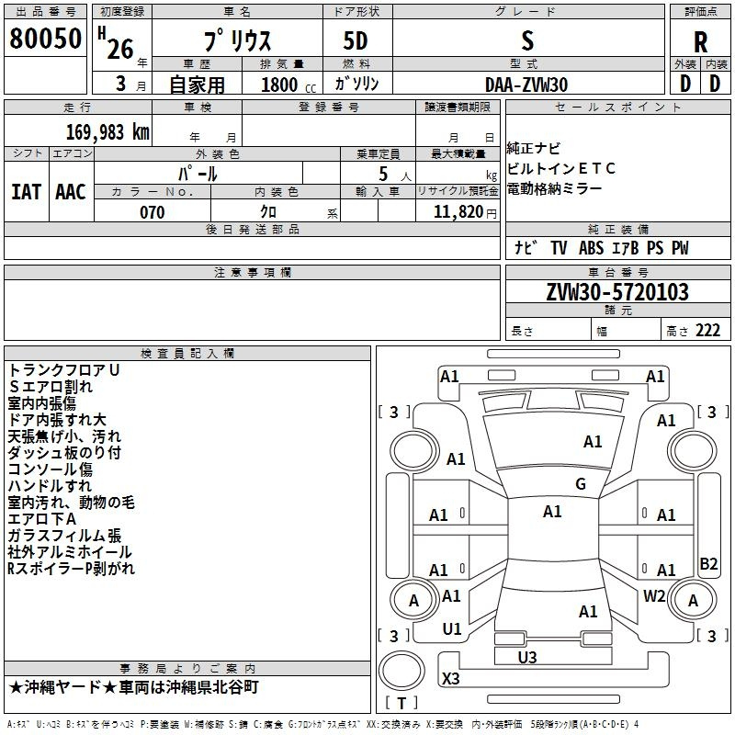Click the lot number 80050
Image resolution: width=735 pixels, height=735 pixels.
coord(45,39)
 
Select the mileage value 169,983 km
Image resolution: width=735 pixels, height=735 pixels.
coord(107,132)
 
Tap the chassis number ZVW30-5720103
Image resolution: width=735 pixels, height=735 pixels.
coord(617,292)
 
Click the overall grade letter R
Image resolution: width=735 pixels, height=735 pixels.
coord(700,41)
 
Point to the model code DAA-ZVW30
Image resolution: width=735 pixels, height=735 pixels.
coord(526,85)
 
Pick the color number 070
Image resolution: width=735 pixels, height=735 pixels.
coord(153,212)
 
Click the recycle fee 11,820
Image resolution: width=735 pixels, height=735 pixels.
coord(458,212)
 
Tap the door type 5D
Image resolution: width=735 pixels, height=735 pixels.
coord(356,41)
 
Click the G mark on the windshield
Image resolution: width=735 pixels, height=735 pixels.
coord(581,483)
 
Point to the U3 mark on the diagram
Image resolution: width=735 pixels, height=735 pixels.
coord(527,658)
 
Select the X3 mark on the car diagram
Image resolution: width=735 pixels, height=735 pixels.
coord(451,678)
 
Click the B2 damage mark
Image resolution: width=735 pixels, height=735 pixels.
coord(708,563)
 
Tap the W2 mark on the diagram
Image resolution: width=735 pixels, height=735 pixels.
coord(654,595)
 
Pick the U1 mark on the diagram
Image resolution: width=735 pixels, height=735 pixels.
coord(452,629)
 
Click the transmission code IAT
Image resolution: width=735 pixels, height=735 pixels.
coord(27,192)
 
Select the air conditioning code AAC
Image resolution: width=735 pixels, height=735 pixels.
coord(71,192)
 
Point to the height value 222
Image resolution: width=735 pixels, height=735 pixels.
coord(707,331)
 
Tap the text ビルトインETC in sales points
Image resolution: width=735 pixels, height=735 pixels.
coord(560,168)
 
